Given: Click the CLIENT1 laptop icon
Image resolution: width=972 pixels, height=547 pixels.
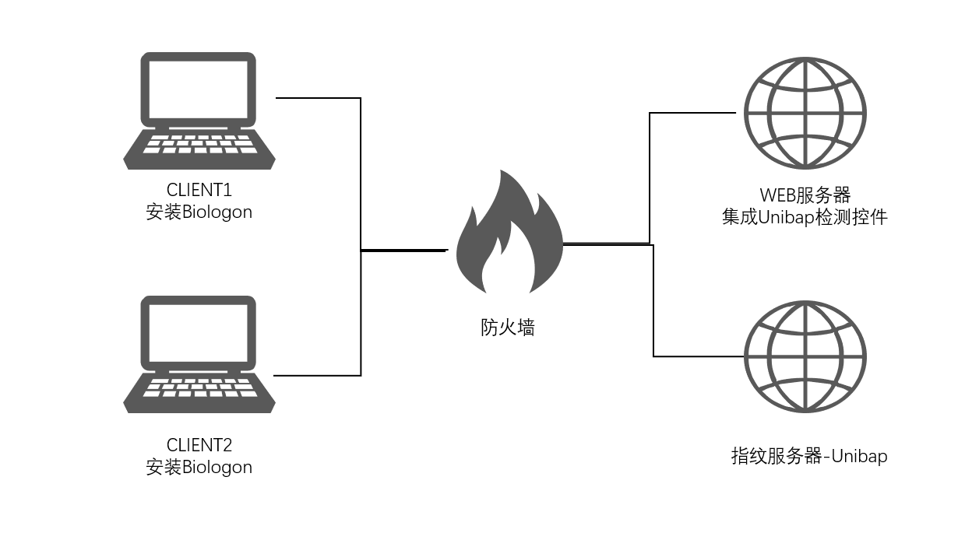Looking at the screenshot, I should [x=199, y=110].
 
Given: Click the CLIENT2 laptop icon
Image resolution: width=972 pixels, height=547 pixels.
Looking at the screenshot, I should [x=199, y=354].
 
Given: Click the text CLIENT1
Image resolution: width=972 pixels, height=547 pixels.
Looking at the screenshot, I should [x=199, y=190].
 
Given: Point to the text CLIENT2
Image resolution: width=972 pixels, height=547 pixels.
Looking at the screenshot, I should [x=199, y=445].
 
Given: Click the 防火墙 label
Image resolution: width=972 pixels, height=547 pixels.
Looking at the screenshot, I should [x=508, y=328].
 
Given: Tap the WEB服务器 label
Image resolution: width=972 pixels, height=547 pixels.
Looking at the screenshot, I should [x=805, y=195].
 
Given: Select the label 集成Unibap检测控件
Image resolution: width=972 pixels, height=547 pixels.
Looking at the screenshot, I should [x=805, y=217].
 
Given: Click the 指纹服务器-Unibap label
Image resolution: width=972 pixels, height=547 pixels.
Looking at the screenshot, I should [x=809, y=456].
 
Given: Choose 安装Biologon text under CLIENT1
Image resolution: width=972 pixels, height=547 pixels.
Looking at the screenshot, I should [x=199, y=212].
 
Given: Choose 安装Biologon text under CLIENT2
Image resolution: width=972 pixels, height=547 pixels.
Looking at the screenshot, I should [x=199, y=467].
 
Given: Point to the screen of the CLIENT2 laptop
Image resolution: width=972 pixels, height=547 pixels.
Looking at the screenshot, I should [x=199, y=332].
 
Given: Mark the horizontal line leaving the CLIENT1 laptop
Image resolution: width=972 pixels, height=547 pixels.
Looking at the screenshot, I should [x=318, y=98].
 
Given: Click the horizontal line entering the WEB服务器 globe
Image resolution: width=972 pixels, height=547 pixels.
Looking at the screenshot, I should [x=693, y=113].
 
